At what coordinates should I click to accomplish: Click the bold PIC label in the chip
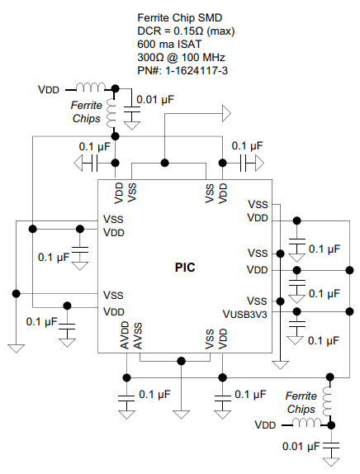185,268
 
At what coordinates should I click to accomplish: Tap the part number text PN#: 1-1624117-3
182,71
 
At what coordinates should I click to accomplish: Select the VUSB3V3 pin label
245,315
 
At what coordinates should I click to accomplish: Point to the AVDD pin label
125,335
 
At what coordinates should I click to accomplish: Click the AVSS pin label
138,336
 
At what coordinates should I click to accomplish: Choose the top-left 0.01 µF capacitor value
155,99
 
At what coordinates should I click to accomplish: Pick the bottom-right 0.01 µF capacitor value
301,446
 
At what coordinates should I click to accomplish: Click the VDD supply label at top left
49,90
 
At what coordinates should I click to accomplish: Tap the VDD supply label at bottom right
265,424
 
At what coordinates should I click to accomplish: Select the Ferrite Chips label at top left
87,111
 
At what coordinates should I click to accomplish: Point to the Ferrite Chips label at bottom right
301,402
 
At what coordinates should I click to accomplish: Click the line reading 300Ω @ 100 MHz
181,58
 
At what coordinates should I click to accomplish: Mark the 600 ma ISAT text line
169,44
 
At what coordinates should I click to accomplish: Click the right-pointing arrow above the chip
227,113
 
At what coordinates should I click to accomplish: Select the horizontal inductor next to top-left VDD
91,87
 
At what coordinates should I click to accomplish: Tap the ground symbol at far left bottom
17,348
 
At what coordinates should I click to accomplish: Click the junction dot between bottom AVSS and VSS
181,361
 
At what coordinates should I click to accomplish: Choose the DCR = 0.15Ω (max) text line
186,31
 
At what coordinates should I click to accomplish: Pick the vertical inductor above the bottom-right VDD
328,401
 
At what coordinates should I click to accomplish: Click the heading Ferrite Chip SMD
179,17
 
